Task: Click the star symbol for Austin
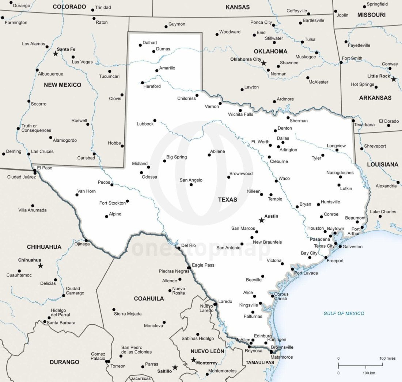point(261,220)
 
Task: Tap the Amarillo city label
point(167,68)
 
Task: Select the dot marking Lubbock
point(155,121)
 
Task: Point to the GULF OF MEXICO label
point(344,313)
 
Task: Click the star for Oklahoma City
point(263,63)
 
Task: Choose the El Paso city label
point(45,168)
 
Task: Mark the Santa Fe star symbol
point(56,54)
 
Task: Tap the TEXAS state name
point(227,199)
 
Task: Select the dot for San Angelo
point(191,185)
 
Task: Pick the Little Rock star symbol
point(394,79)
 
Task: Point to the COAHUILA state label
point(149,298)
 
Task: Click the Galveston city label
point(352,247)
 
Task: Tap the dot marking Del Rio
point(179,248)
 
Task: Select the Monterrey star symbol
point(194,360)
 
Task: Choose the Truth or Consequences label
point(36,128)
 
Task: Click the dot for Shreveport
point(362,149)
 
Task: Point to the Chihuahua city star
point(41,266)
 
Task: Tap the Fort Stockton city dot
point(128,201)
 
